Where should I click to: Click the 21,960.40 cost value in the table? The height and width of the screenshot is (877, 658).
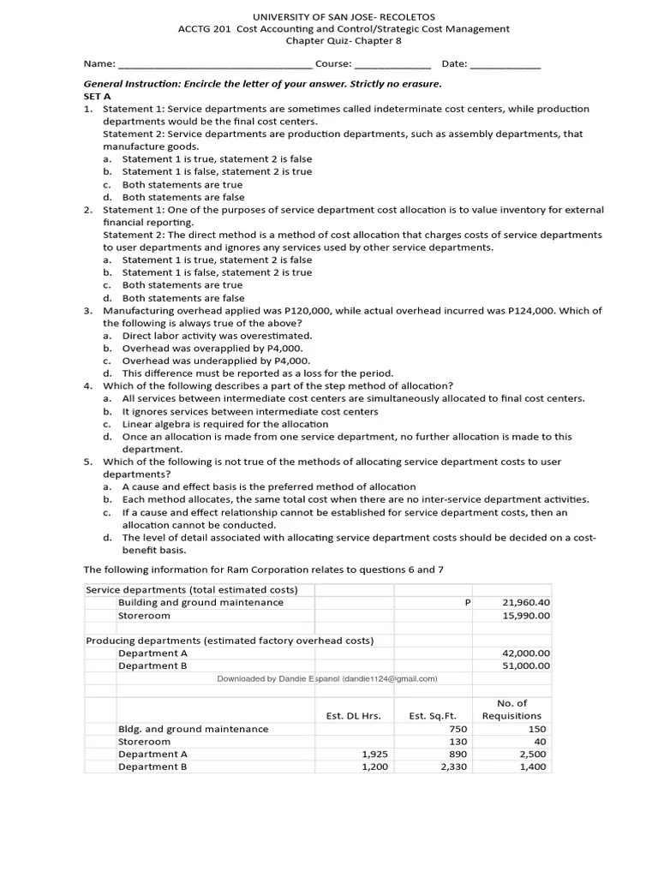(x=526, y=602)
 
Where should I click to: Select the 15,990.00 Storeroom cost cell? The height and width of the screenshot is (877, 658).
(x=526, y=615)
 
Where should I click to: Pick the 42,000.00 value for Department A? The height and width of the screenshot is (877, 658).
(x=526, y=653)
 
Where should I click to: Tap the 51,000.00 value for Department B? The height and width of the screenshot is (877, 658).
(x=526, y=665)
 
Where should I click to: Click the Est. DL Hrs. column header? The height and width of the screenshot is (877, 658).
(x=354, y=716)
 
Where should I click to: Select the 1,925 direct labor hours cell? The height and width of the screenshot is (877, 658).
(x=375, y=755)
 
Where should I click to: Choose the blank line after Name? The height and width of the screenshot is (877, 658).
(x=215, y=64)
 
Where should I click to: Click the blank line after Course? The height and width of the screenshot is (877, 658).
(x=392, y=64)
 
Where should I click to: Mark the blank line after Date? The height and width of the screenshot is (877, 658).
(x=505, y=64)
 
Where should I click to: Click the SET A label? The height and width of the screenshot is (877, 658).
(x=97, y=97)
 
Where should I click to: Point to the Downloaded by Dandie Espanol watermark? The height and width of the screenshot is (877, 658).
(x=327, y=679)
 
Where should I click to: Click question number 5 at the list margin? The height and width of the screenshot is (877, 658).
(x=87, y=462)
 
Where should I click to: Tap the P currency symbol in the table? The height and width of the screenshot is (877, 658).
(x=468, y=602)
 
